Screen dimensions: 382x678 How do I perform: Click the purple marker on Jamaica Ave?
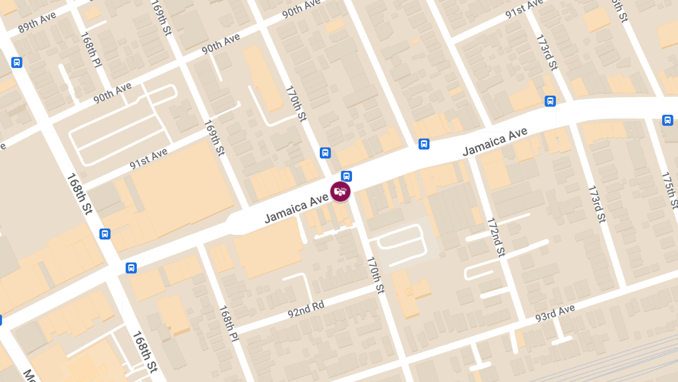click(x=340, y=191)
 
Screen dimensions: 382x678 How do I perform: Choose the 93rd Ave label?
click(x=555, y=313)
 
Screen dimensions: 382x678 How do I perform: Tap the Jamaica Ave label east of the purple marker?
click(x=494, y=141)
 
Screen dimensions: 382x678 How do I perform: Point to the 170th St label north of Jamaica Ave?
click(x=295, y=104)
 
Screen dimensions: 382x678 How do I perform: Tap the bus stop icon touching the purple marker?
click(x=346, y=176)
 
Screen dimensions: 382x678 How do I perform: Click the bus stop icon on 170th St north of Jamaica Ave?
click(x=325, y=153)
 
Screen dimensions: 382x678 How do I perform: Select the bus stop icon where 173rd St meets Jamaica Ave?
click(x=550, y=101)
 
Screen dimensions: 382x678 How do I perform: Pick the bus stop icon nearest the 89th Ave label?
click(x=16, y=62)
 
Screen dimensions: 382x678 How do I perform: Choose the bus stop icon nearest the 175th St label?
click(x=667, y=120)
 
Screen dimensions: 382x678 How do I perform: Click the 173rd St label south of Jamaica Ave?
click(x=597, y=204)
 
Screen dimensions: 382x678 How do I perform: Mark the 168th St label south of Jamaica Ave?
click(x=144, y=352)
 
